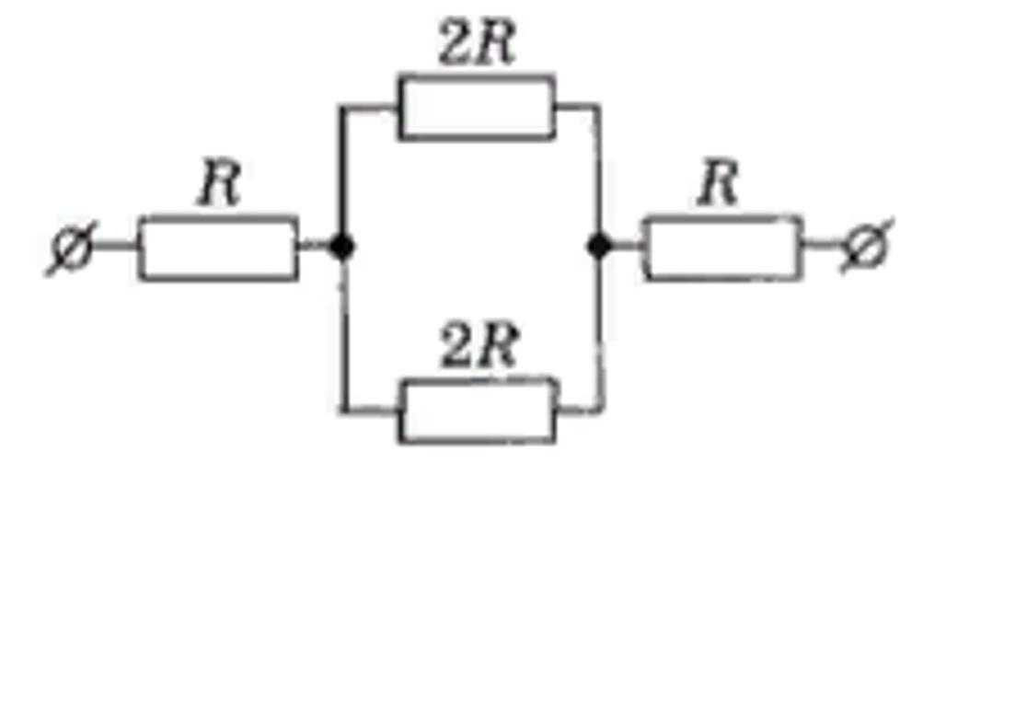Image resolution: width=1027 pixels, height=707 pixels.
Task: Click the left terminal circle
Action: tap(72, 248)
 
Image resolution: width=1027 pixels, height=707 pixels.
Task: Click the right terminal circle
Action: tap(867, 247)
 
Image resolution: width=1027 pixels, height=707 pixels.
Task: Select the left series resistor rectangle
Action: tap(218, 248)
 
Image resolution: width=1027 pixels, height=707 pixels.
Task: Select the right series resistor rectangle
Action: tap(721, 248)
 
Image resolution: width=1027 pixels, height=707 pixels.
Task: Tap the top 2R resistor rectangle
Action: tap(477, 108)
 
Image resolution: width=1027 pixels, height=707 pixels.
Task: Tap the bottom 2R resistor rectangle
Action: tap(478, 411)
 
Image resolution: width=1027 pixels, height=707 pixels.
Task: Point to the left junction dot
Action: tap(341, 247)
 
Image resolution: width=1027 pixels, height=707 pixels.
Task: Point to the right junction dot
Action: tap(599, 246)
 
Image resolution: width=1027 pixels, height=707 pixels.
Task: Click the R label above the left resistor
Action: tap(220, 183)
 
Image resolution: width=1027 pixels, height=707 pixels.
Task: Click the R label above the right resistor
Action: tap(718, 183)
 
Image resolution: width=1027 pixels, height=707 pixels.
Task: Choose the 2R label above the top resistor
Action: tap(478, 42)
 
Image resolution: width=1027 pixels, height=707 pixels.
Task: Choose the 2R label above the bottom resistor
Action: tap(480, 345)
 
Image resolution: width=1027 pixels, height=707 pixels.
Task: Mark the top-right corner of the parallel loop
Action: tap(597, 106)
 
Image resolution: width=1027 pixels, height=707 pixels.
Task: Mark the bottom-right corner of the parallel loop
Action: tap(600, 411)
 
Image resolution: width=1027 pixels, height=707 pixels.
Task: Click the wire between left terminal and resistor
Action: tap(115, 247)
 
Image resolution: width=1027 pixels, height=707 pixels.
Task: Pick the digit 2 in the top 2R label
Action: tap(456, 43)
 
